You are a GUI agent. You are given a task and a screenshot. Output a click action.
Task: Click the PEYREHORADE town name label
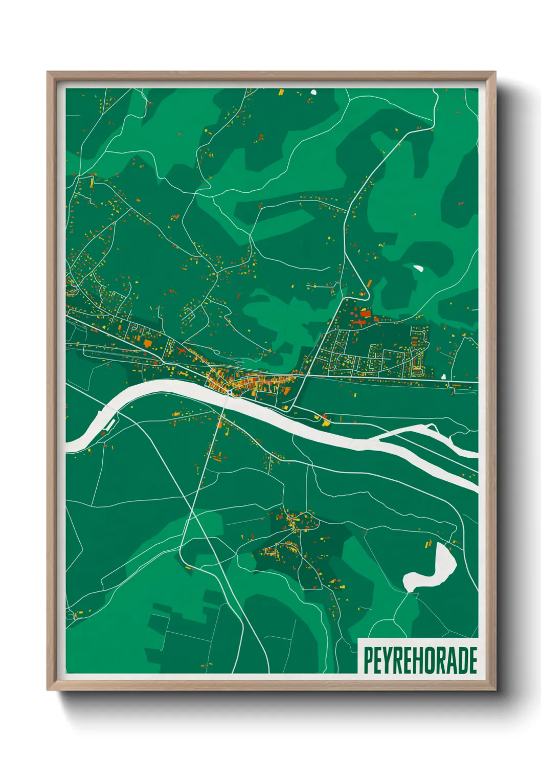pos(420,660)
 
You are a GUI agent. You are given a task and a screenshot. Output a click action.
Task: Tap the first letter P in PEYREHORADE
pos(367,660)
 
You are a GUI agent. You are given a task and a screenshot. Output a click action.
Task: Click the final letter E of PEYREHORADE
pos(472,660)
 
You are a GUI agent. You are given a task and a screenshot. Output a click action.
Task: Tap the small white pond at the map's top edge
pos(313,93)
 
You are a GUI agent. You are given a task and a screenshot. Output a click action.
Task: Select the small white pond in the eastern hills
pos(418,268)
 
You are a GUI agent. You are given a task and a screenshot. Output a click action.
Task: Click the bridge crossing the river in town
pos(228,396)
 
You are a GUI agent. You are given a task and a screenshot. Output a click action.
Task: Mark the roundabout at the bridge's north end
pos(231,392)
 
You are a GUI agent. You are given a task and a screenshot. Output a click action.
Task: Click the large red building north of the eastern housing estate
pos(365,313)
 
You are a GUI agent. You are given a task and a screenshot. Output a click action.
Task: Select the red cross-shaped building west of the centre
pos(147,343)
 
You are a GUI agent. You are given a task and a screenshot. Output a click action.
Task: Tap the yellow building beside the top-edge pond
pos(281,93)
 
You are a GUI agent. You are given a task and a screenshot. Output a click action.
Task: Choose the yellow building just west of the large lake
pos(425,545)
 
